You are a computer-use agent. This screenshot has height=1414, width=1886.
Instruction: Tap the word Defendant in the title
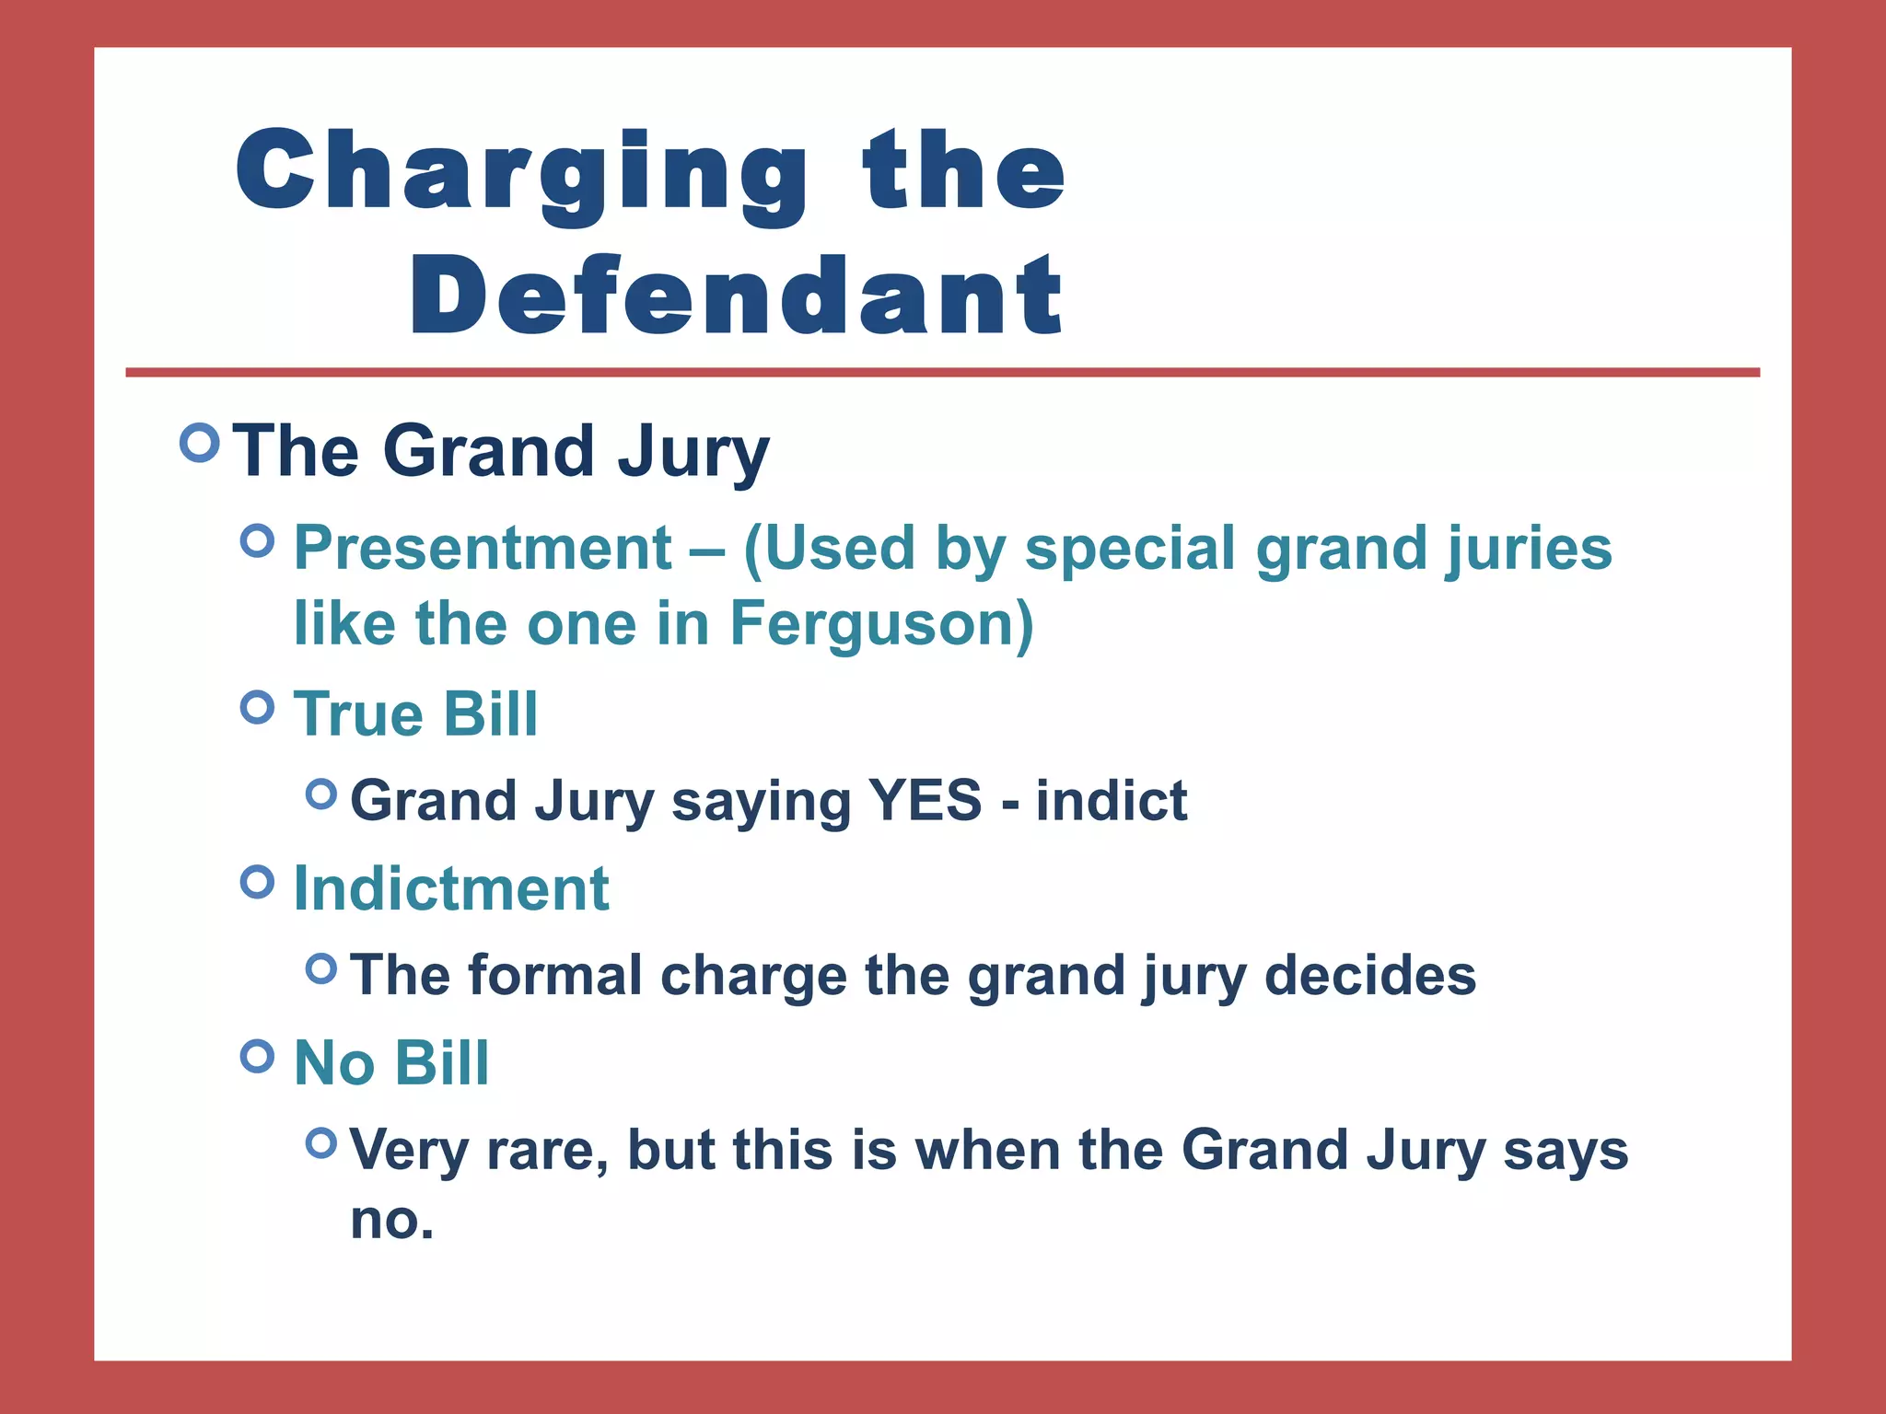[x=737, y=296]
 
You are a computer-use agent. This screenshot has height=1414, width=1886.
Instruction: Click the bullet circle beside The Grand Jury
[x=200, y=443]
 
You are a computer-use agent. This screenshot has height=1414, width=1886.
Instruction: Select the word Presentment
[x=483, y=549]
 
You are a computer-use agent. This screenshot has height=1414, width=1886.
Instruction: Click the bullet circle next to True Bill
[x=258, y=708]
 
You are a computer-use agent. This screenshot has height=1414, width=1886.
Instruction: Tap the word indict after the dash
[x=1112, y=800]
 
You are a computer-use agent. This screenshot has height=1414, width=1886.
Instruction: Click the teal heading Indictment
[x=451, y=888]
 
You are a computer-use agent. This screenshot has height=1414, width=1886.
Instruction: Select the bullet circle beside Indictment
[x=258, y=882]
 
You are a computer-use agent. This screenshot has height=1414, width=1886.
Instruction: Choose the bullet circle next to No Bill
[x=258, y=1056]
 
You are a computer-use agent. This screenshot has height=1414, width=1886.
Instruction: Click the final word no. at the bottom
[x=391, y=1221]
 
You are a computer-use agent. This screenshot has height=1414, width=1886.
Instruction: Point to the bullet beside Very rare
[x=321, y=1143]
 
